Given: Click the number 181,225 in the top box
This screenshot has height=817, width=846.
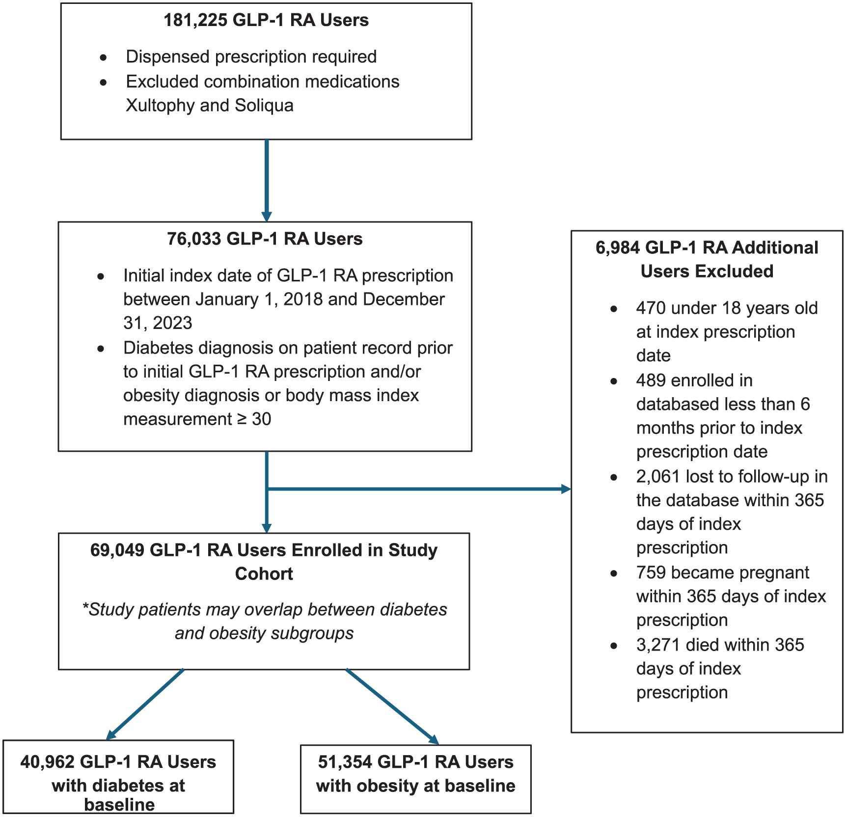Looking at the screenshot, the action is click(x=195, y=20).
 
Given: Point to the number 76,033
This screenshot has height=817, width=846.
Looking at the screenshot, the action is click(x=194, y=239).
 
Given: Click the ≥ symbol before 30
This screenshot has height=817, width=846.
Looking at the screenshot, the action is click(x=242, y=419).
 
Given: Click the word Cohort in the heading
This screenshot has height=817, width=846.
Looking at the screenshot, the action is click(x=264, y=574).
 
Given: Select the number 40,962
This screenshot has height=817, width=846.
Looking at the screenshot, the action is click(x=47, y=762).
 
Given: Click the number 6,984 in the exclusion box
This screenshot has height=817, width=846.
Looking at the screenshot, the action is click(x=617, y=248).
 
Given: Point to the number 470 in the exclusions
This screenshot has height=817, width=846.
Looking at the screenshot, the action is click(x=651, y=308).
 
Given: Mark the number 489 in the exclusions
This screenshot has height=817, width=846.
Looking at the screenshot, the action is click(x=651, y=381).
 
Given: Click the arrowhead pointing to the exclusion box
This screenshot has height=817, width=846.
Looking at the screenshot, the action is click(x=566, y=489).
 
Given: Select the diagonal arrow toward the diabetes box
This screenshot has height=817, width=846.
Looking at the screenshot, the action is click(x=145, y=704).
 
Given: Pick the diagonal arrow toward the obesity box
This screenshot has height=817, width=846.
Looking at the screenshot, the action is click(x=392, y=707).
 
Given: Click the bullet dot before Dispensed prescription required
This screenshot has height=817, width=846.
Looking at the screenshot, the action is click(x=103, y=58).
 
